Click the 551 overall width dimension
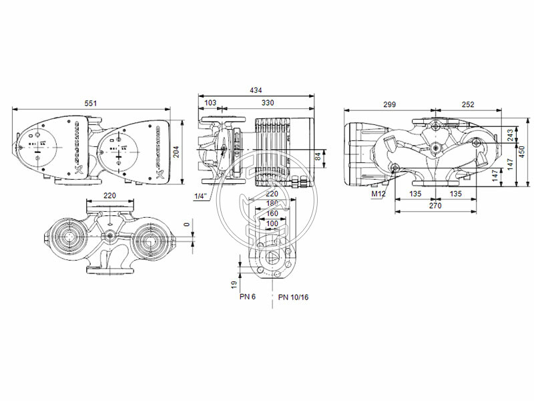point(100,104)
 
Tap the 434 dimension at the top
point(256,90)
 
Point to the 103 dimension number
point(210,104)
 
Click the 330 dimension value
point(268,104)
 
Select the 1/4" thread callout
point(200,196)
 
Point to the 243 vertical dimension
point(511,136)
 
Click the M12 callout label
point(379,194)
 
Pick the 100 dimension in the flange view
point(272,223)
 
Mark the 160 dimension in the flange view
point(272,214)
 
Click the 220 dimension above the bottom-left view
point(110,196)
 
